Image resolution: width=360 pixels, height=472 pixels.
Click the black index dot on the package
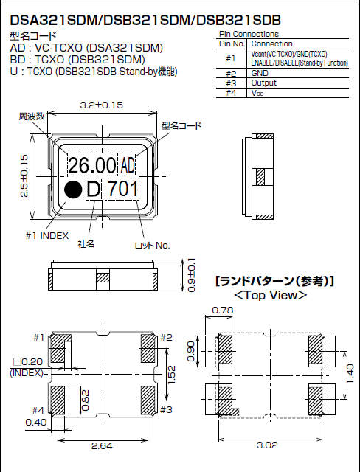pos(72,190)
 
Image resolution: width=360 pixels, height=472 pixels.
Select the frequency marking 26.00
pos(92,164)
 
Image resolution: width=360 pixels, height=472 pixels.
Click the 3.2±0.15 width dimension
pos(101,105)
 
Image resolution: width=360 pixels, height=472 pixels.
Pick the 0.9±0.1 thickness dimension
pos(191,275)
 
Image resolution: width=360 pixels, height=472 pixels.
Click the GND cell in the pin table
pos(261,74)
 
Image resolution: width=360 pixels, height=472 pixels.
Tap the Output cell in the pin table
pos(265,83)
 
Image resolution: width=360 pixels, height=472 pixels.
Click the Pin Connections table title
pos(249,35)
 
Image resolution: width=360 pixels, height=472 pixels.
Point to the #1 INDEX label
pos(46,235)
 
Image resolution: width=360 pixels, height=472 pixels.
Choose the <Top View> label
pos(270,295)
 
